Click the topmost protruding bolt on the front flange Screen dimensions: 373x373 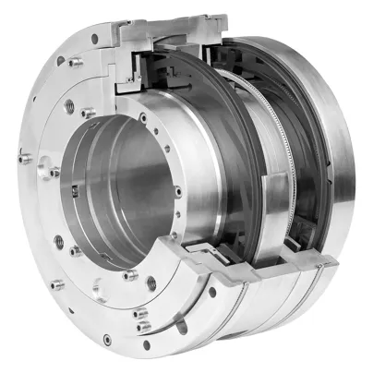pos(94,39)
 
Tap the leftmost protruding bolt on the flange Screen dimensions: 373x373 pos(27,159)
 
